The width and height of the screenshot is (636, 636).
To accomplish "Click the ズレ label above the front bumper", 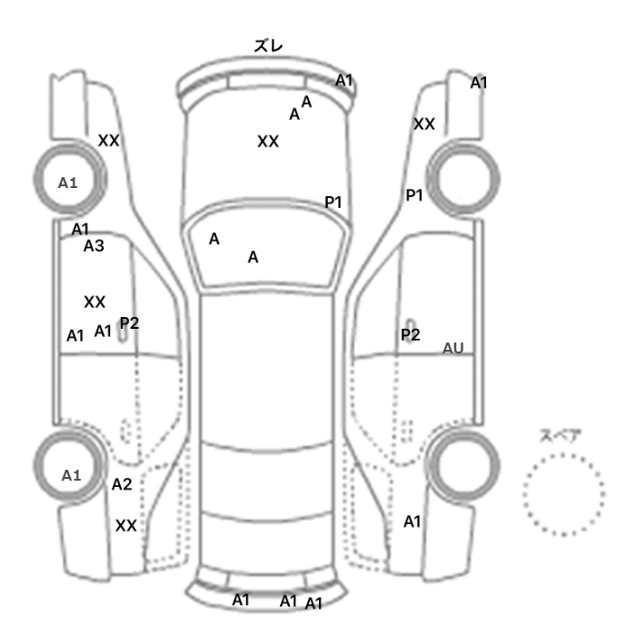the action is click(268, 45).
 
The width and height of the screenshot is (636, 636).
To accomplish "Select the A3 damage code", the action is click(94, 246).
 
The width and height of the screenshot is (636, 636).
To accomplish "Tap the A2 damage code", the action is click(122, 484).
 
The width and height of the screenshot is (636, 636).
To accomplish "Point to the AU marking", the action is click(452, 348).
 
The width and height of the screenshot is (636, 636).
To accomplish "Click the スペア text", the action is click(555, 436).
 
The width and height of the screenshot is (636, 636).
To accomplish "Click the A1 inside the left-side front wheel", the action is click(68, 183).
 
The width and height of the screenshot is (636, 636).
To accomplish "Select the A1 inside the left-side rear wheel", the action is click(71, 475).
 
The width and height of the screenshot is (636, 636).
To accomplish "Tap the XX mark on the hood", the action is click(268, 142).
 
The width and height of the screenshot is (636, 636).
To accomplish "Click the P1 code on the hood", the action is click(333, 202).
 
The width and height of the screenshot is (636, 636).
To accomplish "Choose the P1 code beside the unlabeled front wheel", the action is click(414, 195).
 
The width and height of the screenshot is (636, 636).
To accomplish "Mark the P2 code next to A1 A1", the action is click(129, 323).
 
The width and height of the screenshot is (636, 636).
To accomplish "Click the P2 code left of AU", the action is click(411, 334).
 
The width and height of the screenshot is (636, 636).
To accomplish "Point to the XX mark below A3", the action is click(94, 302).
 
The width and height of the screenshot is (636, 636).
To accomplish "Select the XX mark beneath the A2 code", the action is click(125, 526).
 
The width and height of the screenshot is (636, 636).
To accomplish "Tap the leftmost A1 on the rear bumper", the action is click(241, 600).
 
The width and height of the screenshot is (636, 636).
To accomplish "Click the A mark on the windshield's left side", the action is click(214, 239).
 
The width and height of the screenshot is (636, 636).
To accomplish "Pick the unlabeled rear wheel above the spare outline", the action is click(463, 466).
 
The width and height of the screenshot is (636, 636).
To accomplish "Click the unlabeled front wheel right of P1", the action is click(463, 179).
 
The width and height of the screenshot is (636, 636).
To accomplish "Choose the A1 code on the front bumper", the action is click(344, 80).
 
